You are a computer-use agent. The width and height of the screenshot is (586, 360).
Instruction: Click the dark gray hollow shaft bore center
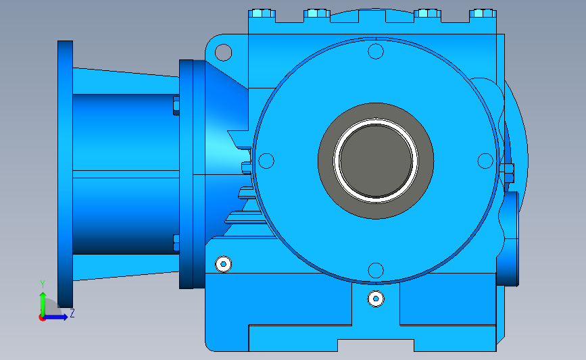click(x=376, y=161)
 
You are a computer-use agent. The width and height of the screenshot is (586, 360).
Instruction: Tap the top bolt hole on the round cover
click(x=376, y=51)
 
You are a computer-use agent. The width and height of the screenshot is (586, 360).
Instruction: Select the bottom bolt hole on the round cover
click(x=376, y=270)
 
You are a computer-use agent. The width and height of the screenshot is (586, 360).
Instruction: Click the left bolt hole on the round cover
click(x=266, y=161)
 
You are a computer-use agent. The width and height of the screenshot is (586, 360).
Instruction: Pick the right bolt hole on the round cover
click(x=485, y=161)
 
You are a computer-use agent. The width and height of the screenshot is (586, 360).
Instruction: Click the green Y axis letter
click(x=42, y=284)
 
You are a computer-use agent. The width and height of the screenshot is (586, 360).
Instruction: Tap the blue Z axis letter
click(x=72, y=313)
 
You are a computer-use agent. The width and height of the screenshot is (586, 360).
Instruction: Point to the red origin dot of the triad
click(x=42, y=318)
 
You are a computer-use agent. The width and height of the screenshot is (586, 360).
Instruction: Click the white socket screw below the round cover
click(x=376, y=299)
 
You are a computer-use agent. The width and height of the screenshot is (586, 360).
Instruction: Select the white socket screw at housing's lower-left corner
click(x=224, y=264)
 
